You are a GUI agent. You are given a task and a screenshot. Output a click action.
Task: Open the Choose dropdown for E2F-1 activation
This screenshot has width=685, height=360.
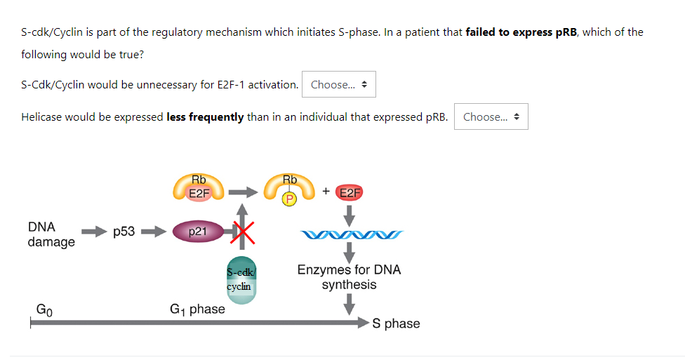[338, 84]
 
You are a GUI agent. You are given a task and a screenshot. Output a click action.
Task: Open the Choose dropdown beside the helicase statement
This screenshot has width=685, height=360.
[491, 116]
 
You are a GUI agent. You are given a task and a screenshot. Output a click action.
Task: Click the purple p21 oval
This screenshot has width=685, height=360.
[199, 231]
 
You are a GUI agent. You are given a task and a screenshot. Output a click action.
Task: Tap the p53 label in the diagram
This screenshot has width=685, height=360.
[124, 231]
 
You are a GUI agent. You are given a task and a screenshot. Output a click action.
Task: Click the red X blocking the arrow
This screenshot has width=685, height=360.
[243, 232]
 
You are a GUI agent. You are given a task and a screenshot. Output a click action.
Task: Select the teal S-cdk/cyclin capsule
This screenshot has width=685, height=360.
[241, 280]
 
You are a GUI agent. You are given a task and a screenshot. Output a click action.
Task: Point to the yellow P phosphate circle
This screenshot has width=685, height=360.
[288, 199]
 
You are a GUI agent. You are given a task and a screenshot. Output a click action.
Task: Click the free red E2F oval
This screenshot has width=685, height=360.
[350, 193]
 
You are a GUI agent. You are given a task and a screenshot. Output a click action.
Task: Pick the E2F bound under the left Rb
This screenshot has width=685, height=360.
[199, 193]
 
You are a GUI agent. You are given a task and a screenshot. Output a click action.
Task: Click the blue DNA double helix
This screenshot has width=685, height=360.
[352, 235]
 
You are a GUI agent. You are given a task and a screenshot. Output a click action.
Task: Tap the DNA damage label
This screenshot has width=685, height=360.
[51, 234]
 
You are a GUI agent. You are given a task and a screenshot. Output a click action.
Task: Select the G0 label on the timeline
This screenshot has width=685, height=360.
[44, 309]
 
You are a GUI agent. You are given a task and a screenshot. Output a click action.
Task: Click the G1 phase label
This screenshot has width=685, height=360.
[197, 309]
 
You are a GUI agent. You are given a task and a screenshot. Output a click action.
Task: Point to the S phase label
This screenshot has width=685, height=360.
[397, 324]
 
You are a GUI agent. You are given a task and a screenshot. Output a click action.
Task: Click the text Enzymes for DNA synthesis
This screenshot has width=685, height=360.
[349, 277]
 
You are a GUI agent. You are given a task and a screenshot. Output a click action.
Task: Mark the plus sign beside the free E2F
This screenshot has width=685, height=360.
[326, 191]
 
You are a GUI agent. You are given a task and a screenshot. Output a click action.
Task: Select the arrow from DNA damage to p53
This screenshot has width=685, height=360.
[94, 232]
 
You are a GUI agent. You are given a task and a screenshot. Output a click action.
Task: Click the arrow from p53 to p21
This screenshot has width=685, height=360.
[153, 232]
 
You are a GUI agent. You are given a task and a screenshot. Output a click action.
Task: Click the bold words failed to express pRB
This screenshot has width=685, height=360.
[521, 32]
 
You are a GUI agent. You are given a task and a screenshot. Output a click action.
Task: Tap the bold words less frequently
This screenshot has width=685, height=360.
[206, 117]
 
